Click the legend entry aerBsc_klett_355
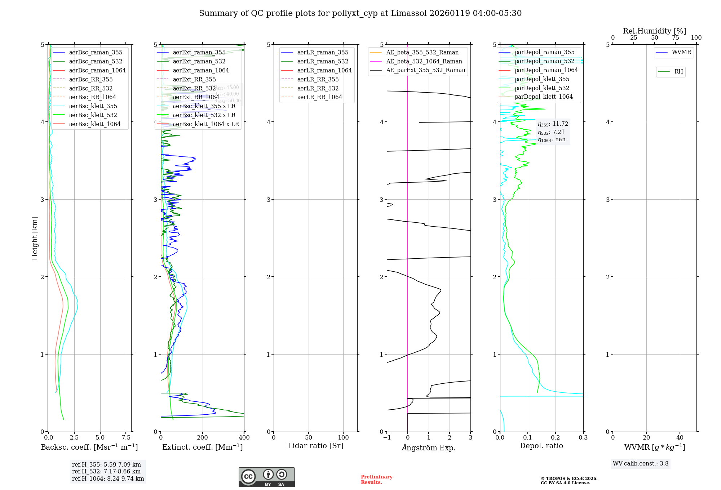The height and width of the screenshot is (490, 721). (93, 106)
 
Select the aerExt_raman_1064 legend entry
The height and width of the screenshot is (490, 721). (201, 71)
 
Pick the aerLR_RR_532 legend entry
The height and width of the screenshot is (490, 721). (318, 89)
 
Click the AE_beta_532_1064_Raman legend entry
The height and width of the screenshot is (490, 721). (424, 62)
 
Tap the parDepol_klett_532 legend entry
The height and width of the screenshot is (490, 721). (542, 88)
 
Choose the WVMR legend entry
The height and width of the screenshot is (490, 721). (681, 53)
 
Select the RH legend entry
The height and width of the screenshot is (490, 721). (678, 72)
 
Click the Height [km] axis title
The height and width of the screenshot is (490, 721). (35, 238)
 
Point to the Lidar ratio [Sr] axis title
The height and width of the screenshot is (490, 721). (315, 446)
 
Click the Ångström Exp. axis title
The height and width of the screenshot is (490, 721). (429, 448)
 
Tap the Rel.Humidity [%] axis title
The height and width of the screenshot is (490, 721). (654, 31)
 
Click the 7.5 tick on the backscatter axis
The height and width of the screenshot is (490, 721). (126, 438)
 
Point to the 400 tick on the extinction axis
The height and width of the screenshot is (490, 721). (244, 438)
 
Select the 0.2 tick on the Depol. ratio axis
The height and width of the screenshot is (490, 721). (556, 438)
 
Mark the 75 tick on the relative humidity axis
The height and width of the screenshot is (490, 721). (676, 38)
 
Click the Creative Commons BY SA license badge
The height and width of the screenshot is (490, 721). (266, 477)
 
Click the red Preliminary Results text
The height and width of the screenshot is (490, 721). (376, 480)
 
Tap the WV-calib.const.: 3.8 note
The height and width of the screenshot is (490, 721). (641, 464)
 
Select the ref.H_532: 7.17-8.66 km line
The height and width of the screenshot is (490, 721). (106, 472)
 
